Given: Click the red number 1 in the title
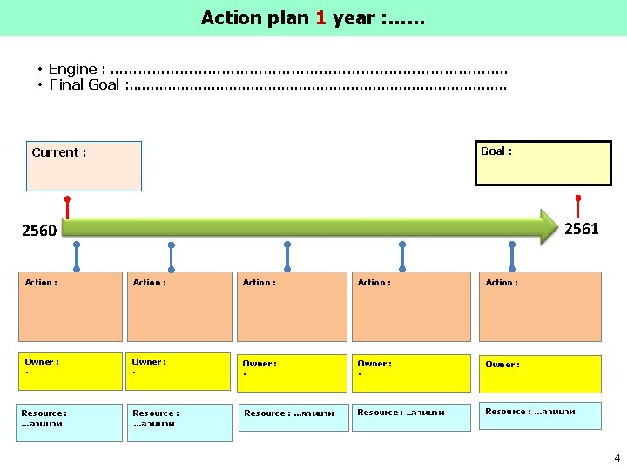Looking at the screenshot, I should (x=320, y=17).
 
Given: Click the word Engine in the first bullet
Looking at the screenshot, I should (x=72, y=69).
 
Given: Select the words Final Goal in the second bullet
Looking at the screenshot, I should (x=84, y=84).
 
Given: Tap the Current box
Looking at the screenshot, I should (x=84, y=165).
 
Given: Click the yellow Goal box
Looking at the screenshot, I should (x=543, y=163).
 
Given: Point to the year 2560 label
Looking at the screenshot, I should (x=39, y=231).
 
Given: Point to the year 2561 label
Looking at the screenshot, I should (x=581, y=229).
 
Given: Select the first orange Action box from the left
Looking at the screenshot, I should (x=71, y=306).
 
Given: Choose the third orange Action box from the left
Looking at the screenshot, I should (x=292, y=306).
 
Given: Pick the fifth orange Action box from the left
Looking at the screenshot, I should (x=540, y=306).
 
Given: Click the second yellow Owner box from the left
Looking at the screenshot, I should (x=180, y=371).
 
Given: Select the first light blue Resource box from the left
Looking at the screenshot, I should (x=71, y=422).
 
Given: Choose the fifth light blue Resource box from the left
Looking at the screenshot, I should (x=540, y=416).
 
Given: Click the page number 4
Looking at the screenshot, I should (x=617, y=457).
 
